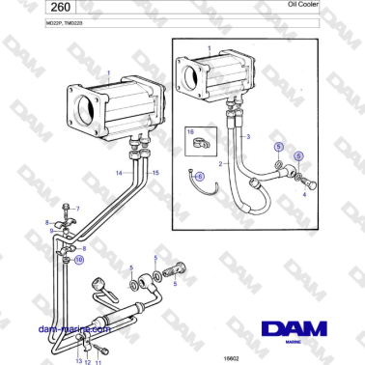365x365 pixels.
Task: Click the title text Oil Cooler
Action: click(329, 5)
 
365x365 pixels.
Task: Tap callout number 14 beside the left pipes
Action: click(119, 173)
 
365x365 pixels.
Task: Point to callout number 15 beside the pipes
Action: click(155, 173)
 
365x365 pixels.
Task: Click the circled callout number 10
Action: click(79, 260)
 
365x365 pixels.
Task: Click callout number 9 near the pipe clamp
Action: click(52, 232)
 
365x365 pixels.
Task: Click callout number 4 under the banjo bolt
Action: click(305, 194)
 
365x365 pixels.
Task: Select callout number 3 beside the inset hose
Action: click(248, 138)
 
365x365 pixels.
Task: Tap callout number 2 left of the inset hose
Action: click(225, 165)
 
